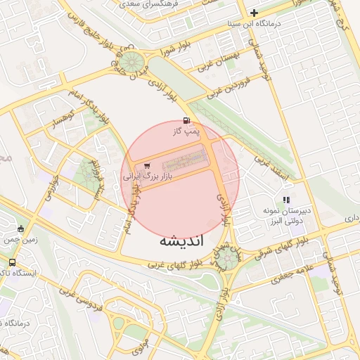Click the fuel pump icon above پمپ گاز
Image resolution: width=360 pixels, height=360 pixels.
click(186, 120)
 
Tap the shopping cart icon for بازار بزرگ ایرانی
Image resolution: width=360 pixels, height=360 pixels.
click(146, 166)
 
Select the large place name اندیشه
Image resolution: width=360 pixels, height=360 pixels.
click(181, 240)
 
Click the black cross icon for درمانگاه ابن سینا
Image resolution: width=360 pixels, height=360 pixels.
click(254, 13)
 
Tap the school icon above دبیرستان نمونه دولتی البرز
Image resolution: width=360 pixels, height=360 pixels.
click(286, 200)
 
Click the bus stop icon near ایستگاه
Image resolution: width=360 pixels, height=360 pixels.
click(12, 262)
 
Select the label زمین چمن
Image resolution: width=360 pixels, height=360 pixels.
click(20, 240)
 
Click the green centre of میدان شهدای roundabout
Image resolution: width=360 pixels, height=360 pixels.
click(226, 258)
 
